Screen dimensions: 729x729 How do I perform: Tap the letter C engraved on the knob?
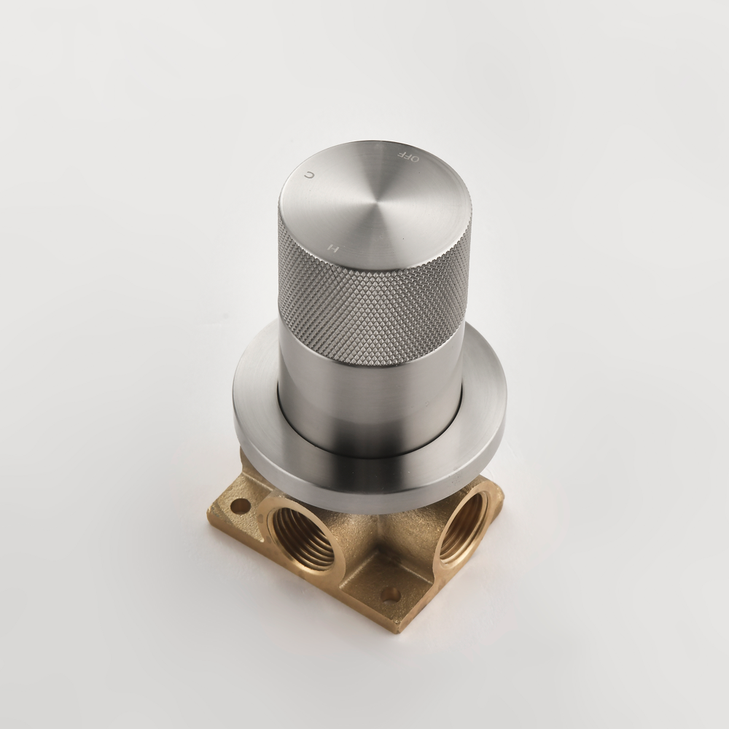[x=309, y=175]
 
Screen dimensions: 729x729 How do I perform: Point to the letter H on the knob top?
[x=332, y=247]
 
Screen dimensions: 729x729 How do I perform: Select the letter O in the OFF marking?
[x=416, y=159]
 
